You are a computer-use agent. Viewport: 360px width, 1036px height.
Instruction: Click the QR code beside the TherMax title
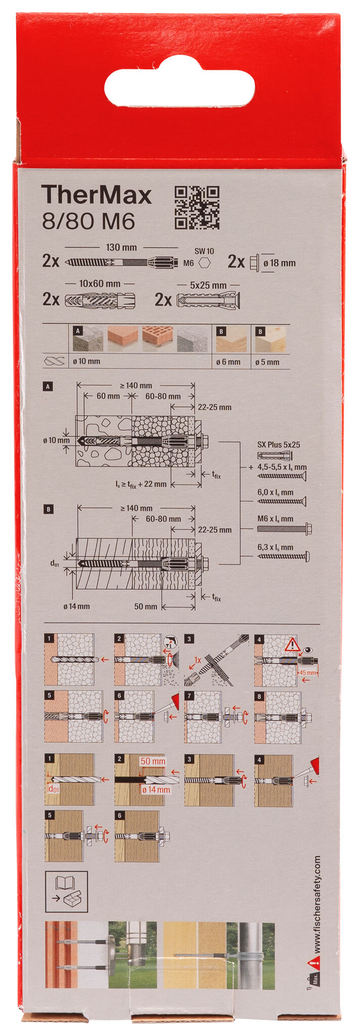[197, 207]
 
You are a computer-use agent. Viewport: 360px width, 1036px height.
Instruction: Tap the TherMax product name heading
[97, 195]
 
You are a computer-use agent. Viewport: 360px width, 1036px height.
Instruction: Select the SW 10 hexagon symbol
[205, 263]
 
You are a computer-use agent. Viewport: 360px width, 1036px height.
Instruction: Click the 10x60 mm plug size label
[100, 284]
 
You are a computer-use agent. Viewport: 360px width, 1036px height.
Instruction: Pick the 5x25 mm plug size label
[208, 286]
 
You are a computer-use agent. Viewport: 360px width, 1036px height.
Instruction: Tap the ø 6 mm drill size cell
[231, 362]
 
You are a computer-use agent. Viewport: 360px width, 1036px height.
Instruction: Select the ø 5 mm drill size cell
[267, 362]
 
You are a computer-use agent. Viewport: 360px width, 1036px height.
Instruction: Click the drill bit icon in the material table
[55, 362]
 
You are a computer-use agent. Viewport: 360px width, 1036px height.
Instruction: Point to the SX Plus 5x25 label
[278, 445]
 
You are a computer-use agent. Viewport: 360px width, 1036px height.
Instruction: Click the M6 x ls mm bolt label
[275, 519]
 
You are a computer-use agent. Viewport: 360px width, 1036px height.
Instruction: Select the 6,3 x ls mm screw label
[275, 547]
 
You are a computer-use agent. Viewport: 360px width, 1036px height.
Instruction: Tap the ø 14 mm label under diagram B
[76, 606]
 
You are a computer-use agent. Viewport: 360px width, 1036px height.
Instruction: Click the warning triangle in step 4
[292, 645]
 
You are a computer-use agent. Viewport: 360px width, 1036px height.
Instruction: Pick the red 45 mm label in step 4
[307, 673]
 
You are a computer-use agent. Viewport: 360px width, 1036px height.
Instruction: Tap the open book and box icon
[66, 892]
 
